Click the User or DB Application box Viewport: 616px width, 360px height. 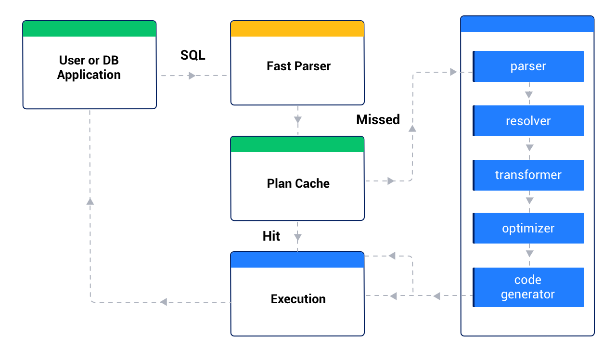pos(90,68)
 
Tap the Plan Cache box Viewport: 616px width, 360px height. pos(297,183)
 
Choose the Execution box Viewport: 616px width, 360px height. pos(297,299)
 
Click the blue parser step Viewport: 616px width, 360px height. pos(528,66)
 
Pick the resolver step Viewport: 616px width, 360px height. pos(528,121)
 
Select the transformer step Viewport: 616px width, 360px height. pos(528,175)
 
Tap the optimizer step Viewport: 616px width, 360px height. pos(528,228)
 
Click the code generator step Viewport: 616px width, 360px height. pos(528,287)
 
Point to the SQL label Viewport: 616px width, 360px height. pos(192,55)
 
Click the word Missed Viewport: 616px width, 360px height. pos(378,119)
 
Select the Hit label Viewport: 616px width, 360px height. pos(271,236)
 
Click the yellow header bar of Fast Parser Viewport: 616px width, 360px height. pos(297,29)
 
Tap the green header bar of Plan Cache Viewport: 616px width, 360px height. pos(297,144)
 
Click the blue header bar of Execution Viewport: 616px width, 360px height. pos(297,260)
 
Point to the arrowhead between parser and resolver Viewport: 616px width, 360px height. pos(529,94)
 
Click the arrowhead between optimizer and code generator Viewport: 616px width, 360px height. pos(529,253)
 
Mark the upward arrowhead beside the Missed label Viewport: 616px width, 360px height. pos(412,128)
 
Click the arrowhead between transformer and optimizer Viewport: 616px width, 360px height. pos(529,200)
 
